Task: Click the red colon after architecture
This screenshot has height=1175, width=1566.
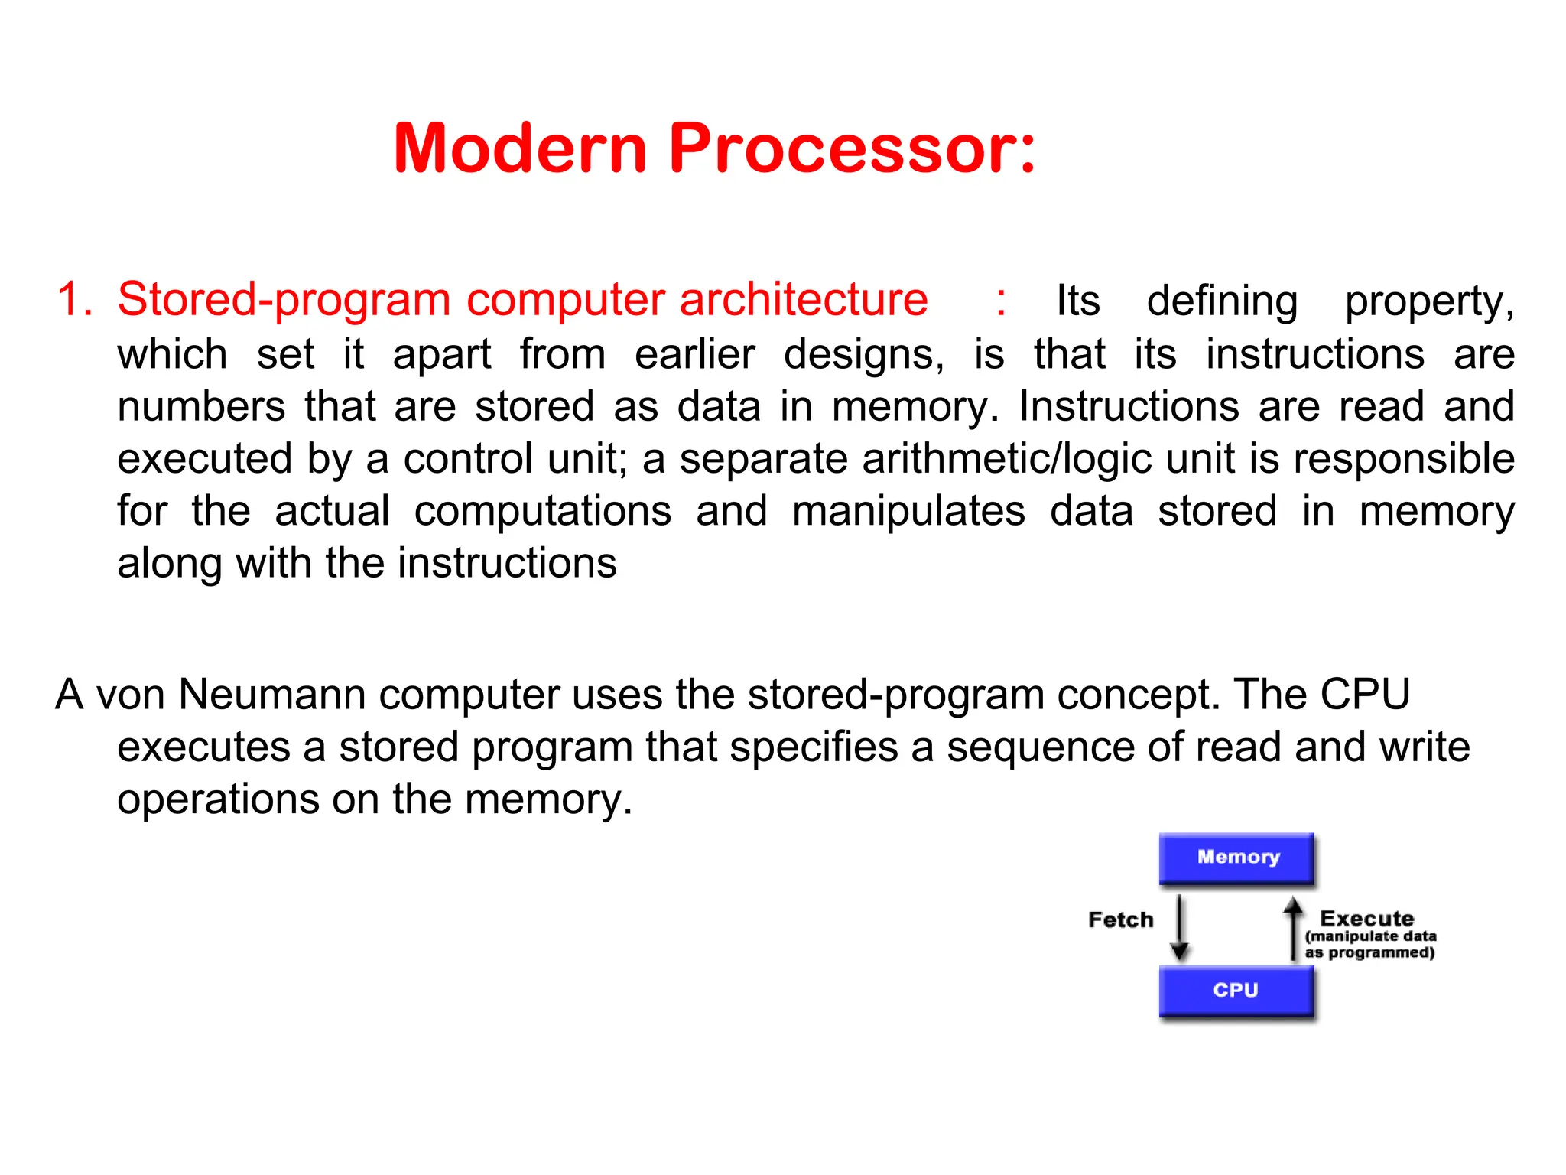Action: point(1000,300)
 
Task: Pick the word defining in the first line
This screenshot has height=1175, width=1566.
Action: point(1222,301)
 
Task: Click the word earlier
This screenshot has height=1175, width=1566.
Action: point(694,354)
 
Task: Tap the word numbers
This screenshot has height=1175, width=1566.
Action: point(201,406)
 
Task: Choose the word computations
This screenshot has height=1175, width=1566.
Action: point(542,511)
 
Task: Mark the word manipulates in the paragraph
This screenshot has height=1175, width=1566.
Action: point(908,511)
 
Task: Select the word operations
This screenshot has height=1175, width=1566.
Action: point(217,799)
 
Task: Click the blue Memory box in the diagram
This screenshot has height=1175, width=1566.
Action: point(1236,858)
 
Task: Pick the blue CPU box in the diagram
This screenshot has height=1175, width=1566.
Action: point(1236,991)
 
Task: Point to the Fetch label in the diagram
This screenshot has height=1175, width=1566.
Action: point(1120,919)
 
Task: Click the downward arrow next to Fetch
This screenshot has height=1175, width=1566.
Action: point(1180,927)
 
